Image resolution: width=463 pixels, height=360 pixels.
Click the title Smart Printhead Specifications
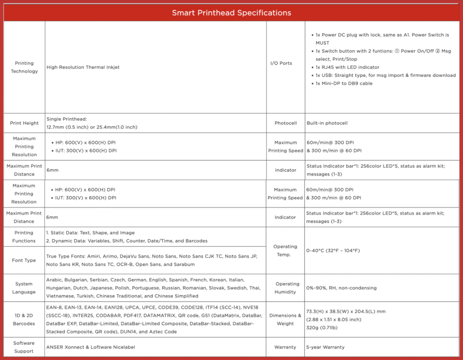click(231, 13)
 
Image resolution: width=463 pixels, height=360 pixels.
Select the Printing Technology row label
click(24, 67)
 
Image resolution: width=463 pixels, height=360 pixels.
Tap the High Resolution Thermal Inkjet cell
click(83, 67)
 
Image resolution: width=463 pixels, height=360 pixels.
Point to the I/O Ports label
click(281, 63)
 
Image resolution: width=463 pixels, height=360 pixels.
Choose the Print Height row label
click(24, 123)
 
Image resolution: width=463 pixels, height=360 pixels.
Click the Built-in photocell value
click(327, 123)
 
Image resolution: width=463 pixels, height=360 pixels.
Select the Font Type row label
click(24, 261)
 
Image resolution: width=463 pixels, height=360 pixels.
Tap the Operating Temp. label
click(285, 251)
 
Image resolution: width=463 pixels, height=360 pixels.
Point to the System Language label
click(24, 288)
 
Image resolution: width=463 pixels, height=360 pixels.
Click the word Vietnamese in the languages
click(61, 296)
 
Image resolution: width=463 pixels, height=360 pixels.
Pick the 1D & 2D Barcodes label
click(24, 320)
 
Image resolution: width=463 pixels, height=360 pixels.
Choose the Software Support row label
click(24, 347)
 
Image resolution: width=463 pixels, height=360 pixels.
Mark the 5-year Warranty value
click(326, 347)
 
